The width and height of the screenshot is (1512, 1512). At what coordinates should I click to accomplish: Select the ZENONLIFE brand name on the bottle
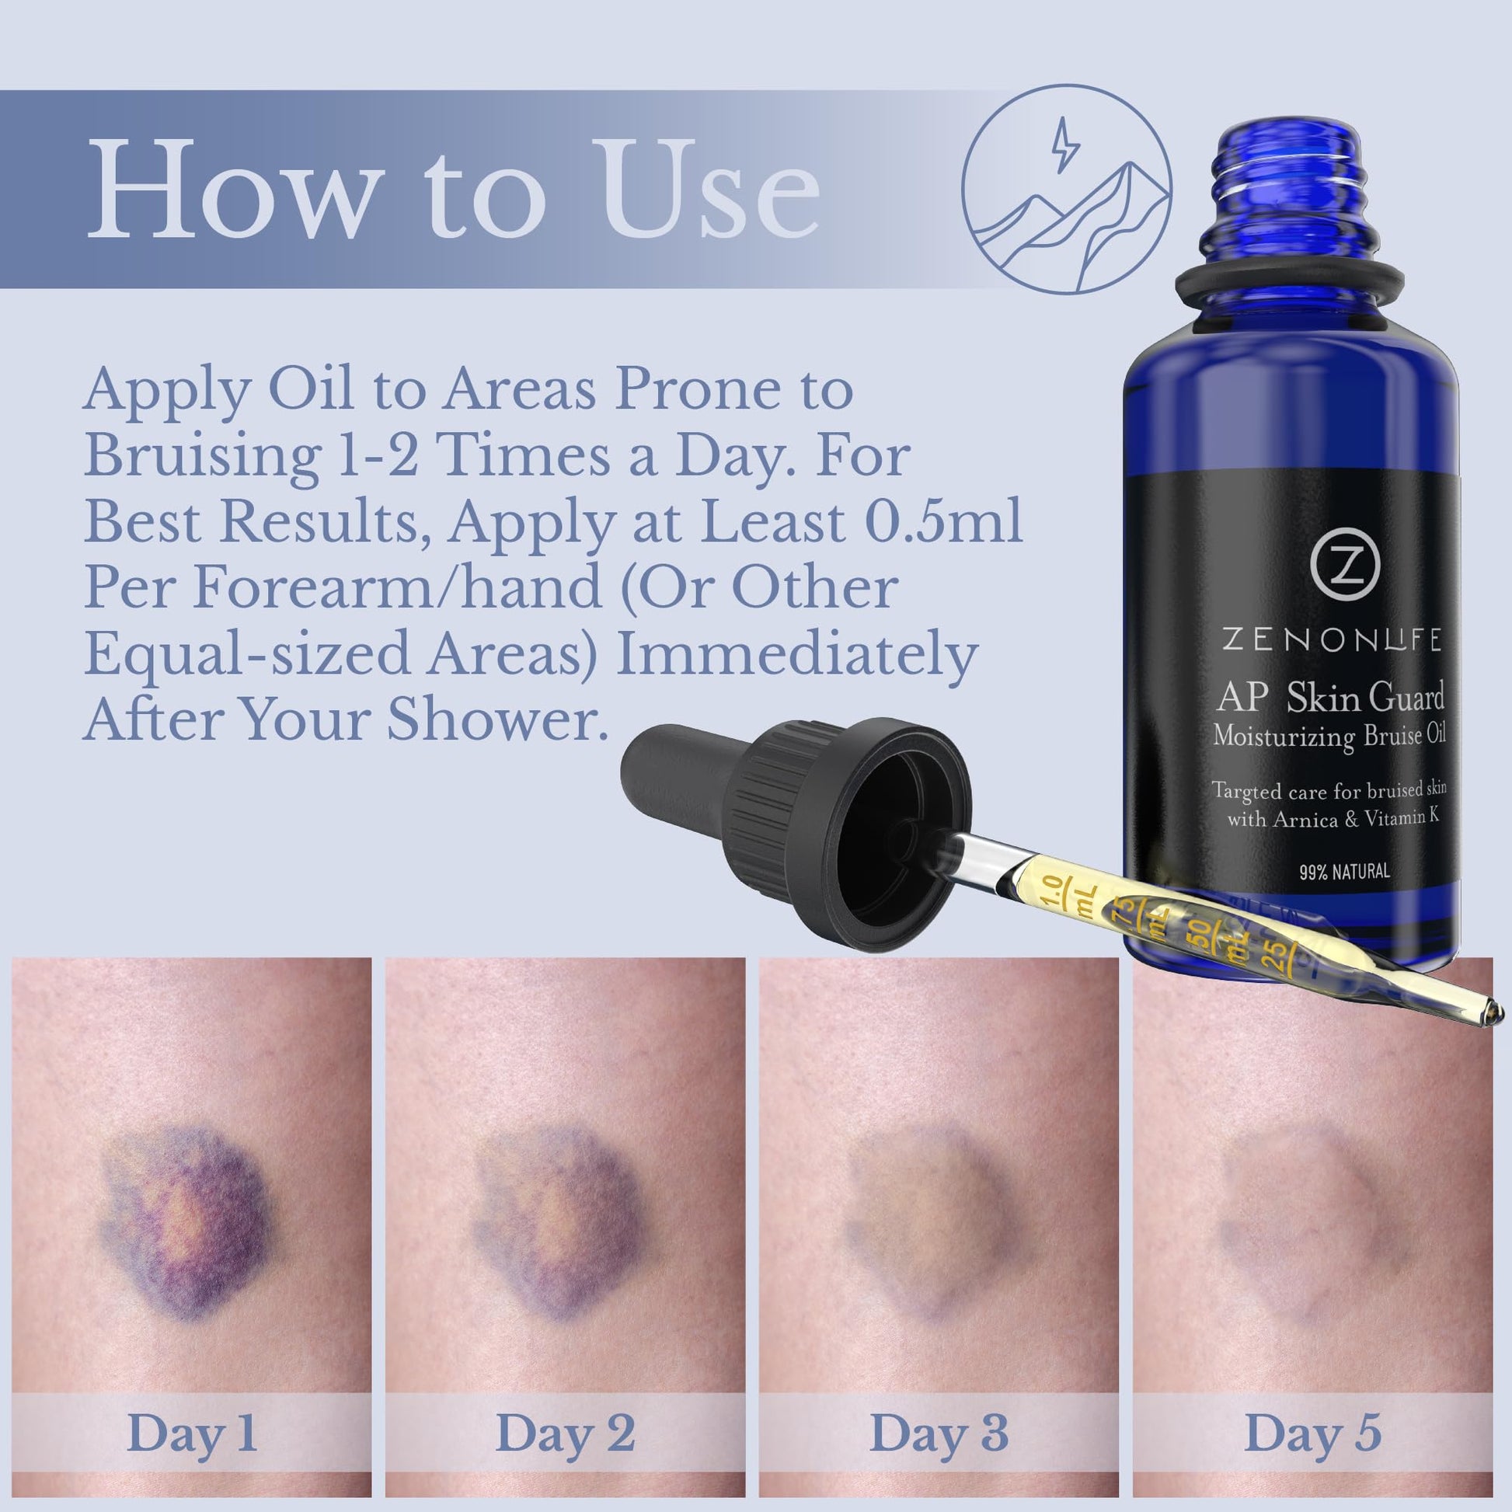[x=1331, y=641]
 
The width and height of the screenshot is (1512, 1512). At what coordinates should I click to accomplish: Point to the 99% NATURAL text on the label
[x=1344, y=871]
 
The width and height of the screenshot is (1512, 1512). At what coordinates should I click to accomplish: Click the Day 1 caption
[x=192, y=1434]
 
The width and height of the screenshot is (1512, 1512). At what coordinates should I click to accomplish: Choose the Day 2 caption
[x=565, y=1434]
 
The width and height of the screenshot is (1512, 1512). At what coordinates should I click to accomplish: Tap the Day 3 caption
[x=939, y=1434]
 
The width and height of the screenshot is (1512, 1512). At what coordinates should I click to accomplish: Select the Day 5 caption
[x=1312, y=1434]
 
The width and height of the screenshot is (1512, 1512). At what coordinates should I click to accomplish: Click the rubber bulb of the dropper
[x=681, y=771]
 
